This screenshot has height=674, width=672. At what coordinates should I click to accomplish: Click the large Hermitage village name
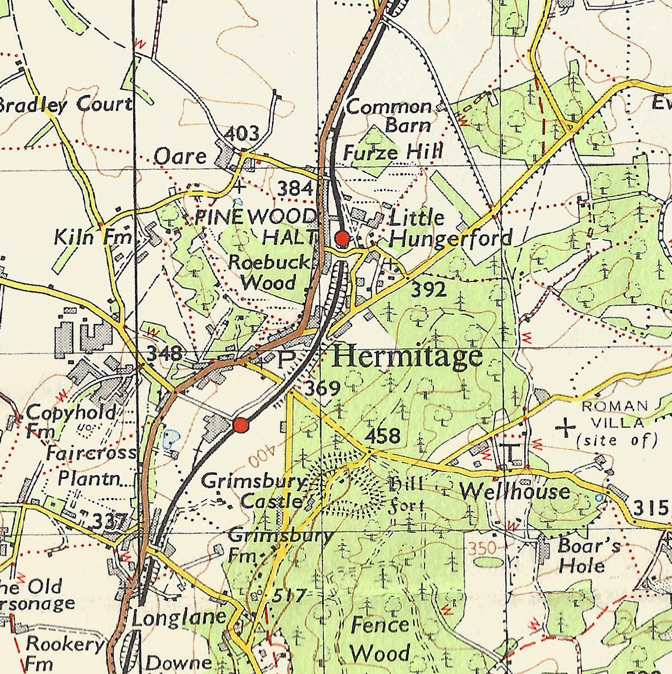coord(407,357)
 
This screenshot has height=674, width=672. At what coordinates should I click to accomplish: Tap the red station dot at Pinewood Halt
coord(342,239)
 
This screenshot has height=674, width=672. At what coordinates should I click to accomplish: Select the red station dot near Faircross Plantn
coord(241,425)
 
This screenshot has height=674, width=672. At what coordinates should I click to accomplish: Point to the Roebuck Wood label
coord(270,272)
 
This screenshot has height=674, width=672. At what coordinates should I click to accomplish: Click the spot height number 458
coord(382,436)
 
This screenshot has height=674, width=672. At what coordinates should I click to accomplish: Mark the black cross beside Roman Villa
coord(565,427)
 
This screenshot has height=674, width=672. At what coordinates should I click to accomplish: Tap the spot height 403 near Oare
coord(242,135)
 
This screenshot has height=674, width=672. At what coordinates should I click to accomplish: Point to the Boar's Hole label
coord(588,556)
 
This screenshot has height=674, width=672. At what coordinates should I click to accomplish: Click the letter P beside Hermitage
coord(287,359)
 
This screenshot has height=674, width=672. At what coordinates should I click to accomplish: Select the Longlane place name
coord(179,618)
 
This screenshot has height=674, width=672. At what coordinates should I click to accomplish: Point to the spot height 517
coord(289,596)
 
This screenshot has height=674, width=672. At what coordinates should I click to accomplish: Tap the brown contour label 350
coord(483,548)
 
